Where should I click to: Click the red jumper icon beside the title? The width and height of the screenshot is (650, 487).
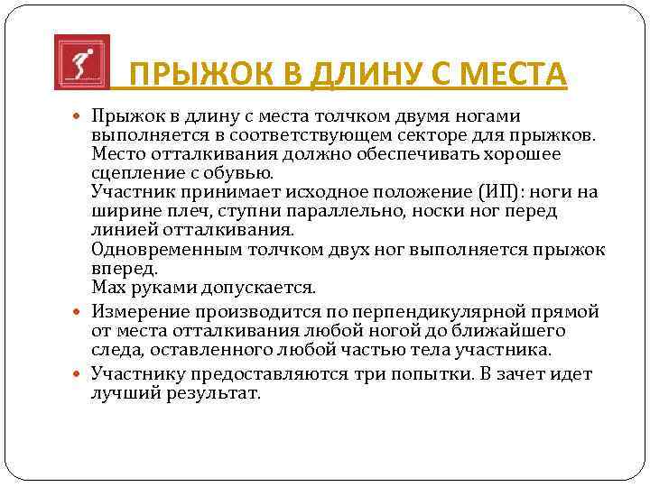pyautogui.click(x=81, y=62)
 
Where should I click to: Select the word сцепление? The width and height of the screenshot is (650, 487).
pyautogui.click(x=135, y=172)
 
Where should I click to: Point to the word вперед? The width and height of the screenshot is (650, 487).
pyautogui.click(x=124, y=269)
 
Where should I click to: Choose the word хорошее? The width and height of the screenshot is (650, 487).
pyautogui.click(x=520, y=153)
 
